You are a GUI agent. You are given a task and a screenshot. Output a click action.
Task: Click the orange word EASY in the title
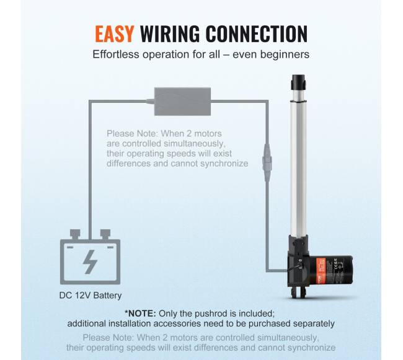pyautogui.click(x=114, y=33)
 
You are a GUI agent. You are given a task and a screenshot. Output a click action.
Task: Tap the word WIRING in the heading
pyautogui.click(x=170, y=33)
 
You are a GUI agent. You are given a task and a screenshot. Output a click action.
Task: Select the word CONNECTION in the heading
pyautogui.click(x=257, y=33)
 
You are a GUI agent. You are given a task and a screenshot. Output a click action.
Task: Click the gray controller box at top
pyautogui.click(x=182, y=102)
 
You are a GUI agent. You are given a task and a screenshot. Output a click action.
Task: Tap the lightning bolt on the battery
pyautogui.click(x=91, y=262)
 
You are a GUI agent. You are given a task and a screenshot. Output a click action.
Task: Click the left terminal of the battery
pyautogui.click(x=75, y=234)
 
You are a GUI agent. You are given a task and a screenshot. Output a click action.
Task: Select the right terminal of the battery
pyautogui.click(x=105, y=234)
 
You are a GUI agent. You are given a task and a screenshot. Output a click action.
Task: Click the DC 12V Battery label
pyautogui.click(x=91, y=296)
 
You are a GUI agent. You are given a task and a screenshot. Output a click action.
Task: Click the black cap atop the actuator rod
pyautogui.click(x=298, y=82)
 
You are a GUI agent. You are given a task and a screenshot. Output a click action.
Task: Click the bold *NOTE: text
pyautogui.click(x=140, y=314)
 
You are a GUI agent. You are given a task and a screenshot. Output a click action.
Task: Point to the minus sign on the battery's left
pyautogui.click(x=70, y=247)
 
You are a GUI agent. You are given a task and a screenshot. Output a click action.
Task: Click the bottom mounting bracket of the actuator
pyautogui.click(x=298, y=292)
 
